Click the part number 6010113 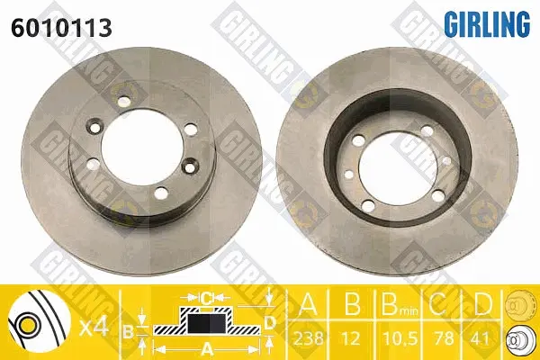click(x=61, y=28)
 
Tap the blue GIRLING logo click(x=487, y=23)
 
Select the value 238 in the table click(x=308, y=337)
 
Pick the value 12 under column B click(x=352, y=337)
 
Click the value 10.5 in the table click(x=399, y=337)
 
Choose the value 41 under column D click(x=481, y=337)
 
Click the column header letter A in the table click(x=308, y=304)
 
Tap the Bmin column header click(x=400, y=305)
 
